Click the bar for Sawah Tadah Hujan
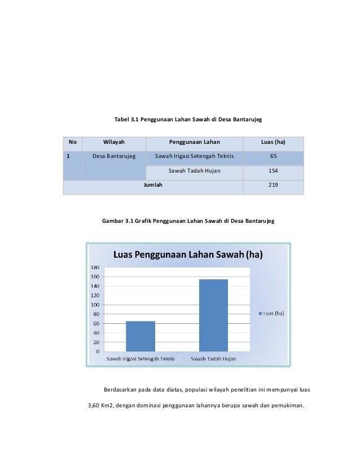click(x=213, y=315)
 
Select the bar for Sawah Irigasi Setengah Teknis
click(x=141, y=336)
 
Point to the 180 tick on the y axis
click(x=95, y=267)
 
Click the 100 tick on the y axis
click(x=95, y=305)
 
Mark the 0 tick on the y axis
click(x=98, y=352)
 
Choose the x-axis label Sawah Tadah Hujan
click(x=213, y=359)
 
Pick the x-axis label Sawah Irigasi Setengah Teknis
click(x=141, y=359)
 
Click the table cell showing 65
click(x=273, y=156)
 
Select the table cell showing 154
click(x=273, y=170)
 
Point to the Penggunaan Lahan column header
click(x=194, y=142)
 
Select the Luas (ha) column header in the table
click(x=273, y=142)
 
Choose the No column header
click(x=73, y=142)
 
